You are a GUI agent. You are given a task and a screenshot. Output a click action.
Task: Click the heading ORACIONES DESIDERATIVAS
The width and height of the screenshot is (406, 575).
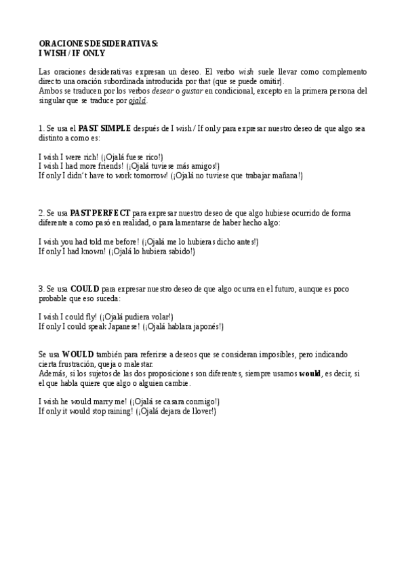tap(98, 43)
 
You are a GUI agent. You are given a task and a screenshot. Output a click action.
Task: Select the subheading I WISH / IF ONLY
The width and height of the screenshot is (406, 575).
tap(72, 52)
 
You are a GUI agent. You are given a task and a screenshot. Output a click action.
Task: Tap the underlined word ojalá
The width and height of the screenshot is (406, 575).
tap(137, 101)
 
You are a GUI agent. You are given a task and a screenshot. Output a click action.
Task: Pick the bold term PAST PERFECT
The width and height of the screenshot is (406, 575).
tap(100, 213)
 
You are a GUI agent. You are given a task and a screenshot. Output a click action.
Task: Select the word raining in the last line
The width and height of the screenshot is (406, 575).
tap(117, 412)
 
